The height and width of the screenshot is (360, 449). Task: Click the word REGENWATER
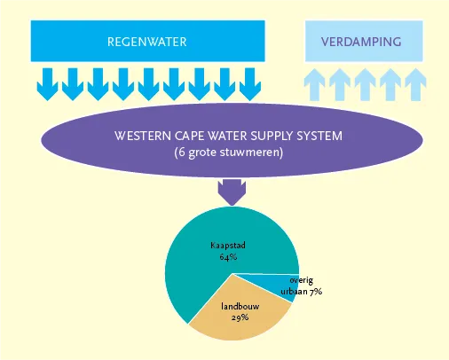coord(147,42)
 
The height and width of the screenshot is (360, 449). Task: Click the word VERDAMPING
coord(361,42)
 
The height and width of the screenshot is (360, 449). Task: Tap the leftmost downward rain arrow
coord(47,84)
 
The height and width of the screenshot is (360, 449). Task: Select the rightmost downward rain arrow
coord(250,84)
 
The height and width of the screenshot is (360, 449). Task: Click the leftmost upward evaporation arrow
coord(314,85)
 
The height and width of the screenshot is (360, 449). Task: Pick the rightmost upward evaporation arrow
coord(415,85)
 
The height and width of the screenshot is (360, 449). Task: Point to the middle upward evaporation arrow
coord(365,85)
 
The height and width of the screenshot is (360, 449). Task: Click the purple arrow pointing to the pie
coord(232,192)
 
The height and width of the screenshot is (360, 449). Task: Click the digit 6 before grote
coord(182,153)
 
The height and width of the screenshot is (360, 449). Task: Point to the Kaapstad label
coord(228,246)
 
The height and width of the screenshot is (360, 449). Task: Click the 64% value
coord(228,256)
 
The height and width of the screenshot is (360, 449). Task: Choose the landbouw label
coord(240,306)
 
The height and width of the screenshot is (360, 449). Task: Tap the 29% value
coord(240,317)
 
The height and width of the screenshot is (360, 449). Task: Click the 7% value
coord(316,292)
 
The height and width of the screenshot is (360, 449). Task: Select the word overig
coord(302,280)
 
